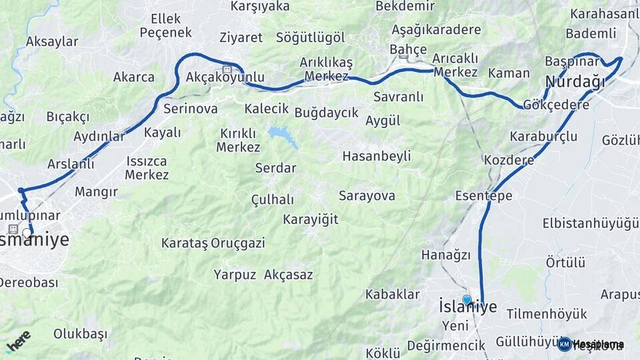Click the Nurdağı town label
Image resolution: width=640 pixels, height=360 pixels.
575,82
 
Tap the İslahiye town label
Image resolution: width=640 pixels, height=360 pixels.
468,307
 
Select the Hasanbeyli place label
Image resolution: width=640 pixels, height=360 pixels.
376,156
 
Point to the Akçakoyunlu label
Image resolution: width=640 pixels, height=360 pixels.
225,77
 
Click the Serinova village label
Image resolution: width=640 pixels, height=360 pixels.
190,108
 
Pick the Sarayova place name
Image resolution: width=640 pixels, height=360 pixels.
367,195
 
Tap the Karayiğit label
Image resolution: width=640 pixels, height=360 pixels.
310,219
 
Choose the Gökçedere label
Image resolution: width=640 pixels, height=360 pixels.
556,105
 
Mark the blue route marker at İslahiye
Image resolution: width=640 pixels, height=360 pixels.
467,300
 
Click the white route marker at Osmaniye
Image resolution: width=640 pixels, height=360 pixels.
27,233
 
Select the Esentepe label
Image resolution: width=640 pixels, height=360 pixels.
483,195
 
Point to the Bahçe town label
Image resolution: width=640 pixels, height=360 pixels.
407,49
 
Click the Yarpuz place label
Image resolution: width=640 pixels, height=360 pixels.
235,274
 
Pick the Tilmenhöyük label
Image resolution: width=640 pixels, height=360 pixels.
546,313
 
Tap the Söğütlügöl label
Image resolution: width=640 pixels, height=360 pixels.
310,37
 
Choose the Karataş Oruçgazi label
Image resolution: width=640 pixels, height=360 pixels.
213,243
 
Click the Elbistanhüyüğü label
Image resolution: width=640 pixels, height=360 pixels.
591,222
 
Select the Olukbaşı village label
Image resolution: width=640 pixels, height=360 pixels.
80,333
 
